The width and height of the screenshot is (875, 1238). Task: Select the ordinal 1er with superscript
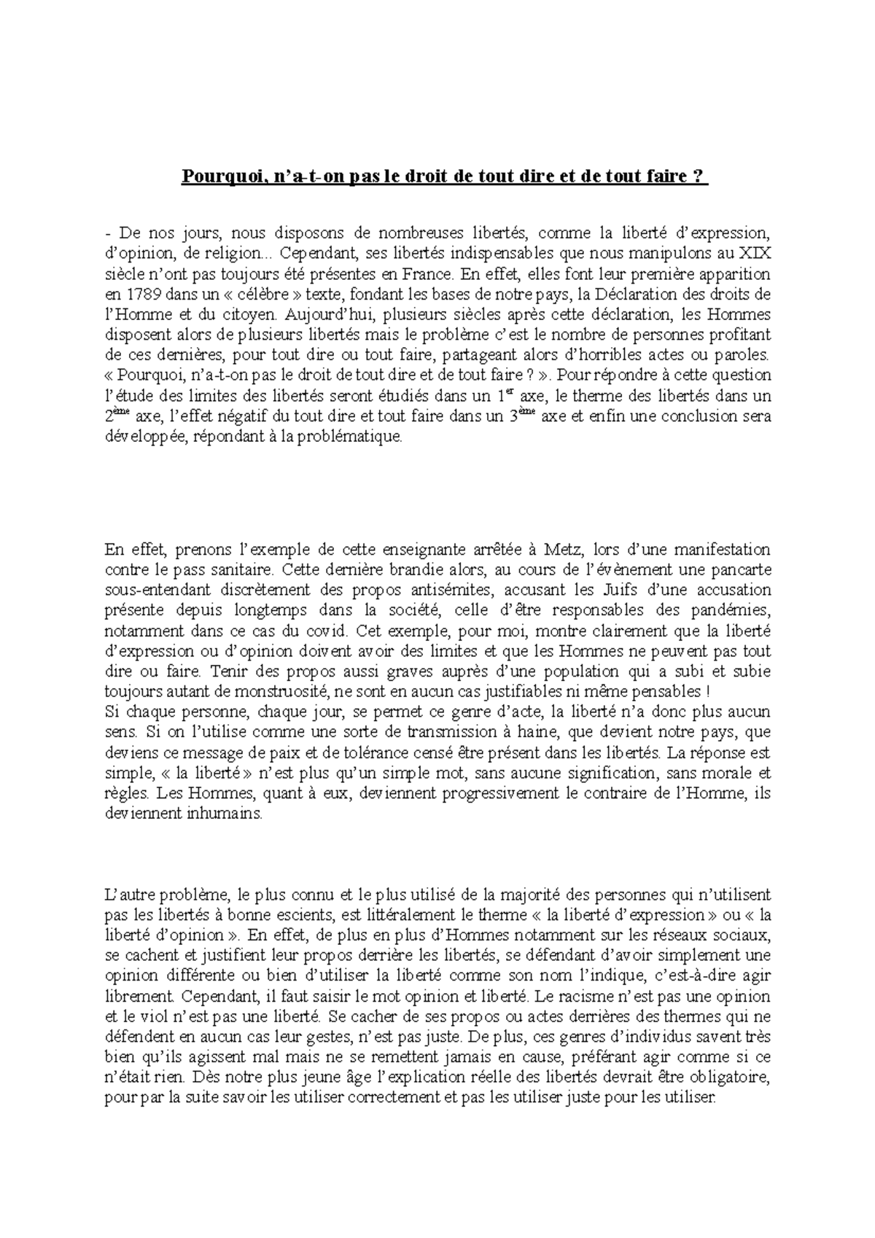coord(497,397)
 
